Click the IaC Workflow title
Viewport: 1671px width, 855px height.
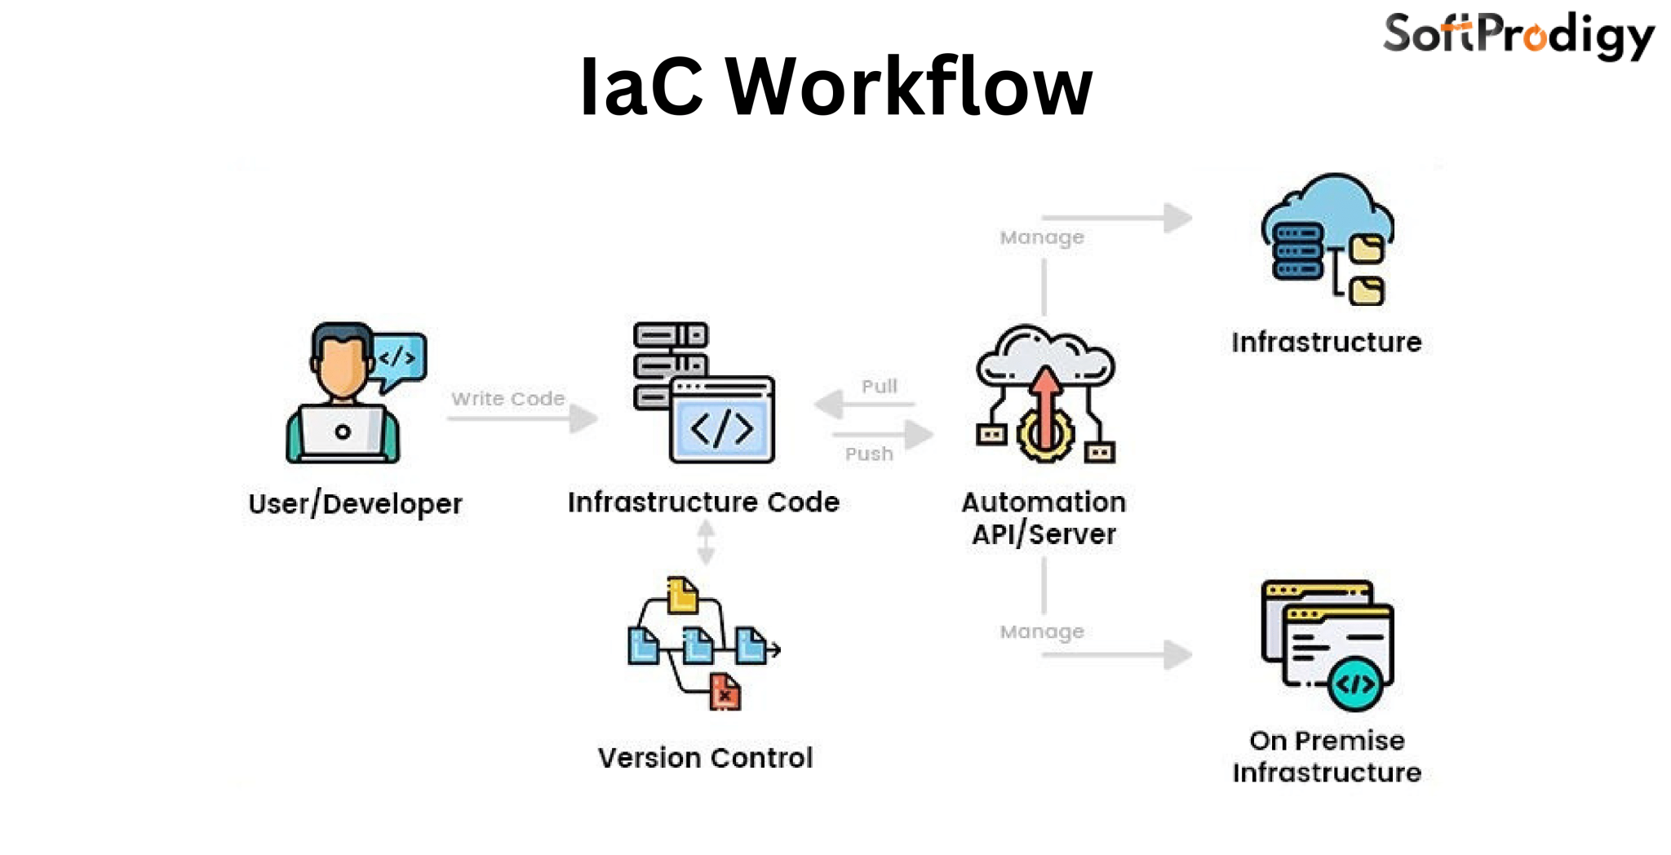835,86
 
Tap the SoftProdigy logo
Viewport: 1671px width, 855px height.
1518,36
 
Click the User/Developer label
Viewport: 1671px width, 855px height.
355,504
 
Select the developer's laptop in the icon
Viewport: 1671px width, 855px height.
343,432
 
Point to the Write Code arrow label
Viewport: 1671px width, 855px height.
508,399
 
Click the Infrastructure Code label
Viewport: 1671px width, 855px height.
703,503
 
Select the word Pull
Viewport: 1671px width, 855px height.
879,387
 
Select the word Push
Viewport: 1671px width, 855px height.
869,454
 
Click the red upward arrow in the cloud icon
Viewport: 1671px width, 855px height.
1045,404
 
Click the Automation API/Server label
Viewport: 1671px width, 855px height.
1044,518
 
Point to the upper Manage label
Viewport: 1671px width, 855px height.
1042,237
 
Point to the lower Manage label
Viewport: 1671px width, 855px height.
1042,631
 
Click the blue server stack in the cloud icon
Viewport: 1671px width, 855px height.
1297,251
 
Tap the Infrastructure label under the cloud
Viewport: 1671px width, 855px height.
1326,343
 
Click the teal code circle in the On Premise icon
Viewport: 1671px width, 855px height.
1355,684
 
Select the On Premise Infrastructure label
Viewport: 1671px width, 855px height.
1327,756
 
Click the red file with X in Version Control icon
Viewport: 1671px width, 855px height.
725,693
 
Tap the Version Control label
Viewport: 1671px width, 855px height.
705,758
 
